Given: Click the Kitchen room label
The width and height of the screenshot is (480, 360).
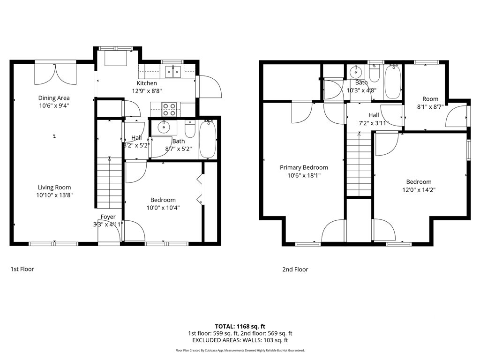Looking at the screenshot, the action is click(x=147, y=83).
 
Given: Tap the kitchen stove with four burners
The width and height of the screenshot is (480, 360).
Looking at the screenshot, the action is click(x=169, y=109).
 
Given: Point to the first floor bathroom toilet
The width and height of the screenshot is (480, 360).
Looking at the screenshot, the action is click(x=190, y=129).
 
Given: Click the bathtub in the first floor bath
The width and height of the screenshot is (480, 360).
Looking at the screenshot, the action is click(x=208, y=139).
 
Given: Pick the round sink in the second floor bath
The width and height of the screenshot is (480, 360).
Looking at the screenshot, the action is click(x=355, y=72).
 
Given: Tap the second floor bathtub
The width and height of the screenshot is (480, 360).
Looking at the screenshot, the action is click(x=393, y=82).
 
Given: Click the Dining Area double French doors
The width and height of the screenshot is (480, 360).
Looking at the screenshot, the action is click(x=55, y=74).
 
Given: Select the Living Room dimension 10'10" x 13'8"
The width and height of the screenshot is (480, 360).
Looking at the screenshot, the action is click(x=54, y=195).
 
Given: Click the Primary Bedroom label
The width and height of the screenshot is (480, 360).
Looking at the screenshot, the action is click(x=304, y=167).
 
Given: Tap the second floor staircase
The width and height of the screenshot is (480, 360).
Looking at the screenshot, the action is click(x=359, y=165).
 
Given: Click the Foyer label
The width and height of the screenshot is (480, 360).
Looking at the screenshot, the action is click(x=108, y=217).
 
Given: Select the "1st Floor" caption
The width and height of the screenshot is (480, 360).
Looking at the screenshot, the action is click(x=22, y=269).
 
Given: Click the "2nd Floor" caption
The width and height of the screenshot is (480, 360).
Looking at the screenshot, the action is click(x=295, y=270).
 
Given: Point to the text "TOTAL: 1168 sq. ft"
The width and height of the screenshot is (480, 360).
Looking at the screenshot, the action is click(x=240, y=326).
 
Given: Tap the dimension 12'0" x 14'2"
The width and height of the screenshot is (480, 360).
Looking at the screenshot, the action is click(x=419, y=190).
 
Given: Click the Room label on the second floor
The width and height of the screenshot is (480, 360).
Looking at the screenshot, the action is click(x=430, y=99).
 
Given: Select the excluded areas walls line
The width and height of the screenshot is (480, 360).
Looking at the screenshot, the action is click(x=240, y=340).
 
